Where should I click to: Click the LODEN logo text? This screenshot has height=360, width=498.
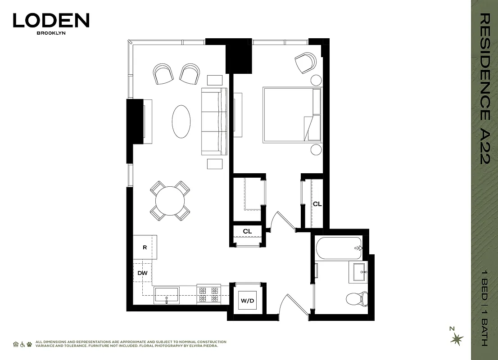51,21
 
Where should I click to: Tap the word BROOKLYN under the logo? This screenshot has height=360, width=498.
51,33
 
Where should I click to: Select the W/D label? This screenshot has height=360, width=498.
247,300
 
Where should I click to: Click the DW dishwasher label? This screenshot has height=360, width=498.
142,273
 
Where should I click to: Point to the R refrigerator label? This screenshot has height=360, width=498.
145,247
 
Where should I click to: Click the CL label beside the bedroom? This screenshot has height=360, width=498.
317,204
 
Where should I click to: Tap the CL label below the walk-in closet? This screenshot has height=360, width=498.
247,231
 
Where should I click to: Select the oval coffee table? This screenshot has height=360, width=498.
181,121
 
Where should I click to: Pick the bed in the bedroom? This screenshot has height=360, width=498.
291,115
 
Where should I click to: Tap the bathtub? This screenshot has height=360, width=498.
339,248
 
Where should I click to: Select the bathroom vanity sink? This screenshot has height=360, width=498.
359,272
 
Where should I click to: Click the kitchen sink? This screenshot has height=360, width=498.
167,296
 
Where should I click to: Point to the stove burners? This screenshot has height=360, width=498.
208,295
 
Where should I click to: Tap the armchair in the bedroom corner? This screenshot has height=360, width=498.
306,63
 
